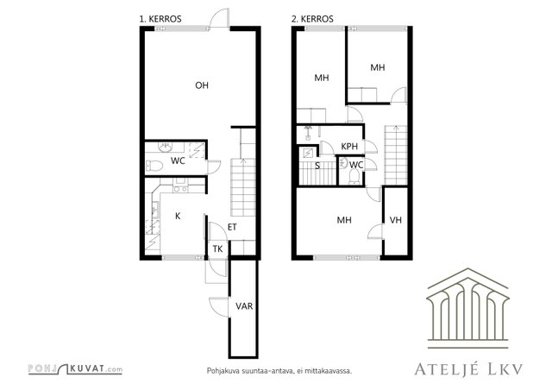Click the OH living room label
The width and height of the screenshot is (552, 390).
pyautogui.click(x=202, y=85)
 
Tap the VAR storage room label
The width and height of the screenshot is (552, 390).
pyautogui.click(x=244, y=306)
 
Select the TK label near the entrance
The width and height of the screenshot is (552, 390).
pyautogui.click(x=217, y=249)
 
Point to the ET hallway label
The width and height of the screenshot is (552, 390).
pyautogui.click(x=232, y=227)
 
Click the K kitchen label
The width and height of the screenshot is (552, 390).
pyautogui.click(x=178, y=216)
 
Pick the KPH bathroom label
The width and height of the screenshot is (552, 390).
pyautogui.click(x=349, y=146)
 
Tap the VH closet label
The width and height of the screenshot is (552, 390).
pyautogui.click(x=396, y=220)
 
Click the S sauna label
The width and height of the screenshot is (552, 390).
pyautogui.click(x=317, y=166)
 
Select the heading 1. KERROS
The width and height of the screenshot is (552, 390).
pyautogui.click(x=160, y=19)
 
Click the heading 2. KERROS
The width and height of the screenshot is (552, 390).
pyautogui.click(x=312, y=19)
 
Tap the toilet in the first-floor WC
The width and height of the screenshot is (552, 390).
pyautogui.click(x=154, y=165)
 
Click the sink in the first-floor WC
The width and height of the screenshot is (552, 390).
pyautogui.click(x=165, y=147)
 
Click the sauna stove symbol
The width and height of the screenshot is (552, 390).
pyautogui.click(x=308, y=154)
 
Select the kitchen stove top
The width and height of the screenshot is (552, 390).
pyautogui.click(x=180, y=189)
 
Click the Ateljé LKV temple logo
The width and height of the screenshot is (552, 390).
pyautogui.click(x=467, y=308)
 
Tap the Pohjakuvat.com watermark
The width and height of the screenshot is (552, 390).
pyautogui.click(x=75, y=369)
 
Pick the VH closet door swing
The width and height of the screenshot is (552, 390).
pyautogui.click(x=375, y=232)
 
